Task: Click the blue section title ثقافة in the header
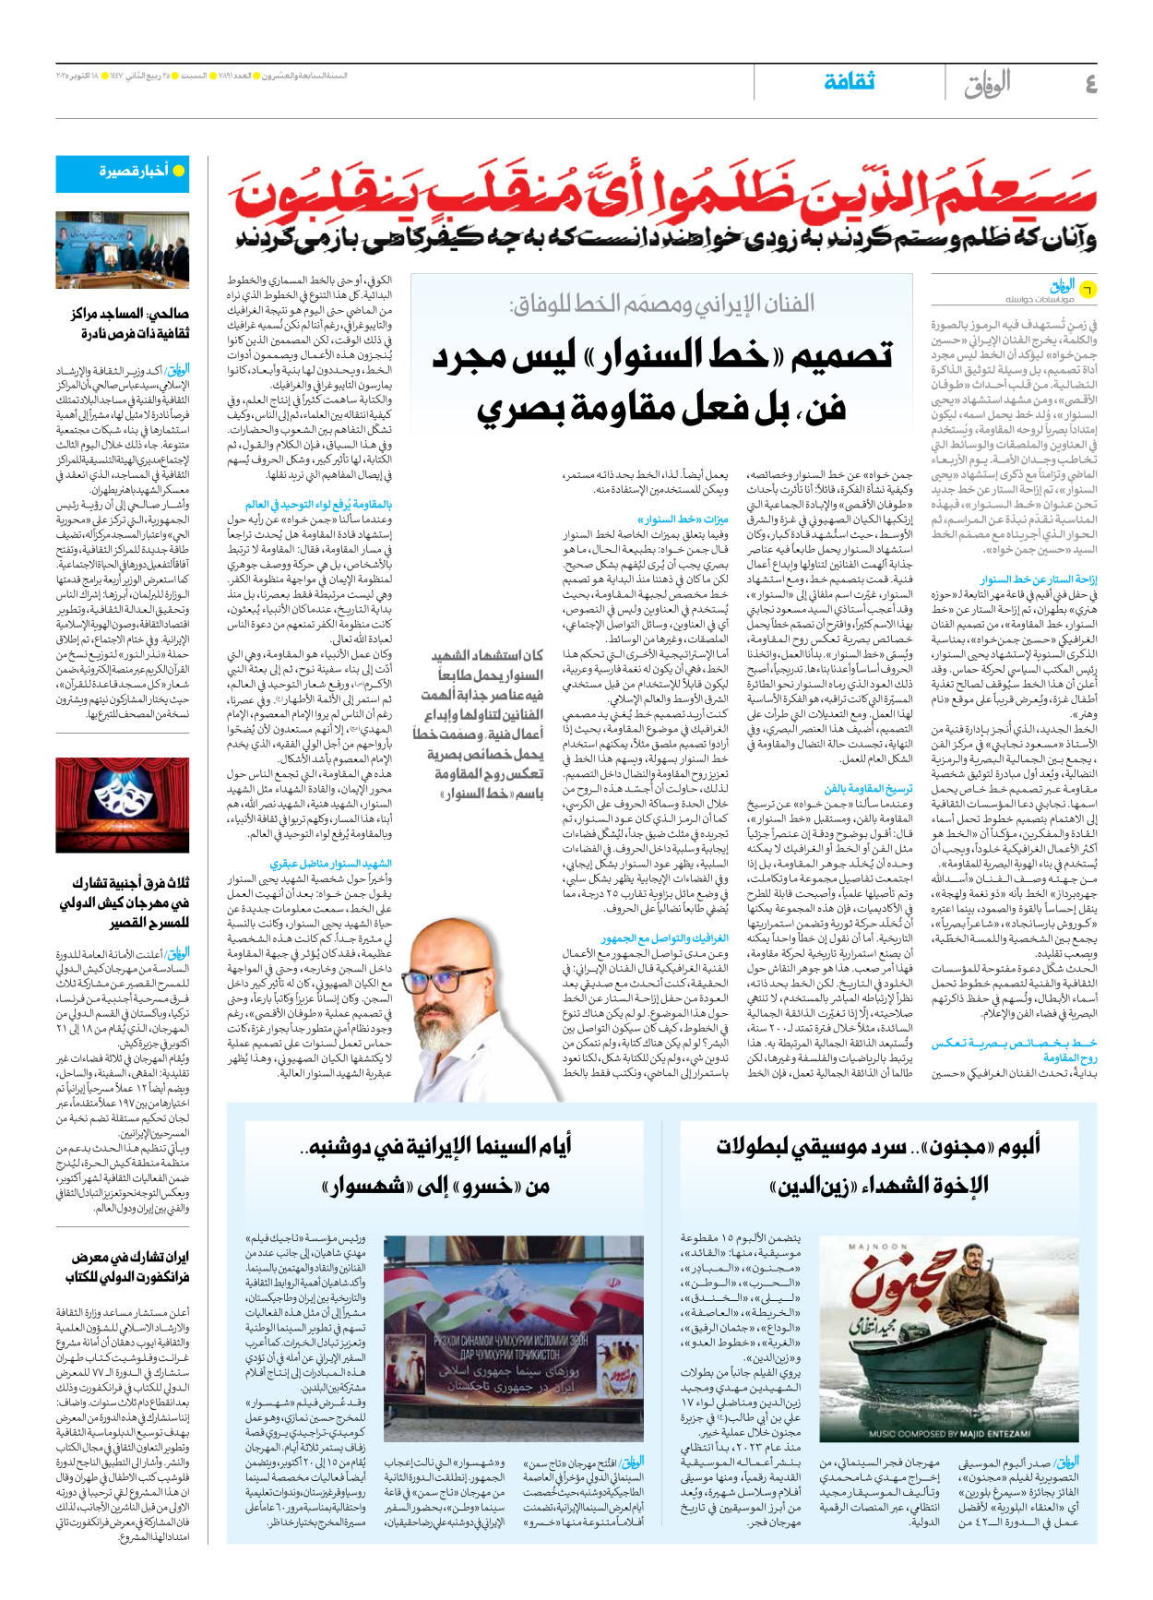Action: (849, 82)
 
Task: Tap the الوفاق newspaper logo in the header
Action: (987, 85)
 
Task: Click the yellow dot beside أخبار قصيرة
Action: (179, 171)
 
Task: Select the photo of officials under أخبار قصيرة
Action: (123, 249)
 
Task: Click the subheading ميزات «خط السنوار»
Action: (683, 519)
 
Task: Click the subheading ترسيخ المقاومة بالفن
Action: (868, 789)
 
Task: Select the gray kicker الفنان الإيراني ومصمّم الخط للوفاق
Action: (661, 304)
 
